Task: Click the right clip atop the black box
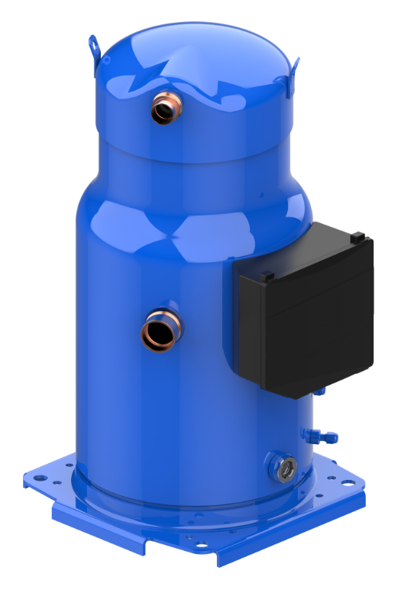(357, 238)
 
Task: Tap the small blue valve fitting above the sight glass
(319, 436)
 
